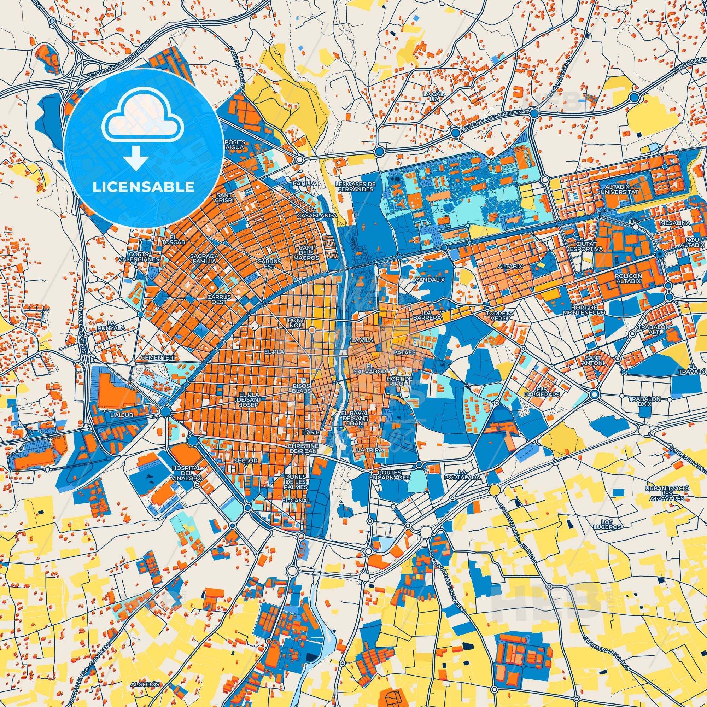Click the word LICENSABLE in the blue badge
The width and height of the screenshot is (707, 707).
143,187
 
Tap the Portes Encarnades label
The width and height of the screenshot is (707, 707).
389,475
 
